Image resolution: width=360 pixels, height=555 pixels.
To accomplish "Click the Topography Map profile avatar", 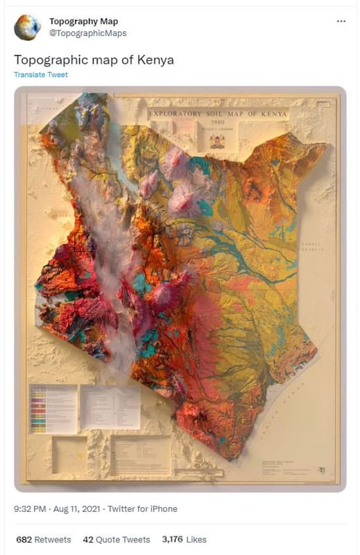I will click(x=27, y=27).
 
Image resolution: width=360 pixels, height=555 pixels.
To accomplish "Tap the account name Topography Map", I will click(x=83, y=22).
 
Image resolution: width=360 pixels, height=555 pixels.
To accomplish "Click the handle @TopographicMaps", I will click(x=87, y=33).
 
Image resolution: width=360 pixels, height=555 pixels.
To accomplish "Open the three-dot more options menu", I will click(x=341, y=22).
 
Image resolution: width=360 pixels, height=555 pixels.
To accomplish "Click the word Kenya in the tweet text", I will click(x=155, y=60).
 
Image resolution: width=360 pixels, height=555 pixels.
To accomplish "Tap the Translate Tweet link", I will click(x=41, y=75).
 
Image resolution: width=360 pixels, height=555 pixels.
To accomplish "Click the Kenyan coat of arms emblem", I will click(x=217, y=141).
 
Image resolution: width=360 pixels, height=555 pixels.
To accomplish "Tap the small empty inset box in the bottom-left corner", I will click(x=69, y=454).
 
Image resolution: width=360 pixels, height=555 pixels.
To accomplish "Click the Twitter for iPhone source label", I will click(x=147, y=509).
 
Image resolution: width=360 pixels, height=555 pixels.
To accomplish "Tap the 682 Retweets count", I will click(x=43, y=539).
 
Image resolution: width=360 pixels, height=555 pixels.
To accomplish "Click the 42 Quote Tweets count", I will click(x=117, y=539).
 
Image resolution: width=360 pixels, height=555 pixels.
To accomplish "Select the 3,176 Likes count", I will click(x=184, y=539).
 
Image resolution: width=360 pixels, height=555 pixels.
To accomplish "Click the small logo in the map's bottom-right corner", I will click(x=321, y=470).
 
